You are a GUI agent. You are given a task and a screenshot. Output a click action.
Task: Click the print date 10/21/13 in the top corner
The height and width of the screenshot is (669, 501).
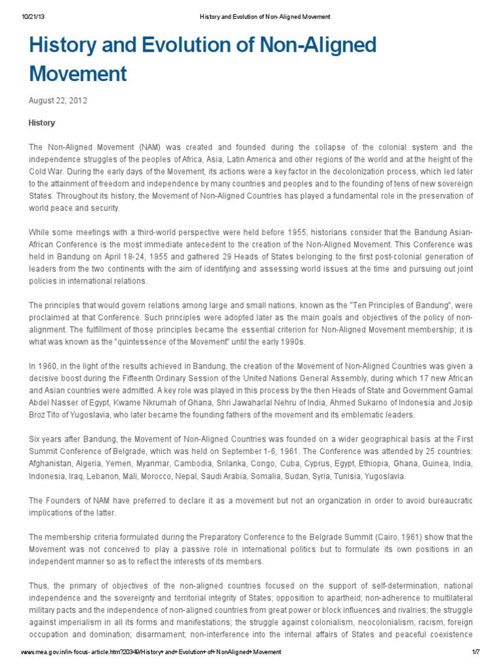35,16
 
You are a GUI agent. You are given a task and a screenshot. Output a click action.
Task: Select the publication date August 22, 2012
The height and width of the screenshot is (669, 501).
57,101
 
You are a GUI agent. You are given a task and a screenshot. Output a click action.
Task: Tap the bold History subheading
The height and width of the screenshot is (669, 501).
42,123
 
